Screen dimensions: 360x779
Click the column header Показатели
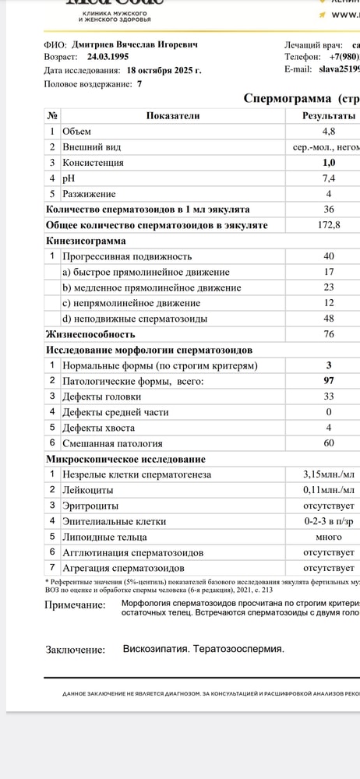(x=173, y=115)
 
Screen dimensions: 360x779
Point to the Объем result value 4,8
(x=329, y=132)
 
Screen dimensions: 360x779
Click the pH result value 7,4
(x=329, y=178)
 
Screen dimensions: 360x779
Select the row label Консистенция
(x=93, y=163)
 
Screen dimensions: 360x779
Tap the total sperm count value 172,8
(x=329, y=225)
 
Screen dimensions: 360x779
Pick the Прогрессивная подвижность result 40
(x=329, y=256)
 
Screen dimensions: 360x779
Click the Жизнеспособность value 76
(x=329, y=334)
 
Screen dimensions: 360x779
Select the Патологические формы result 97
(x=329, y=381)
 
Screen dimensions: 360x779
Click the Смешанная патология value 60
(x=329, y=443)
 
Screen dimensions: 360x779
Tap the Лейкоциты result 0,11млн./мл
(x=329, y=490)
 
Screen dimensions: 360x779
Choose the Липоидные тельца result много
(x=329, y=537)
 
